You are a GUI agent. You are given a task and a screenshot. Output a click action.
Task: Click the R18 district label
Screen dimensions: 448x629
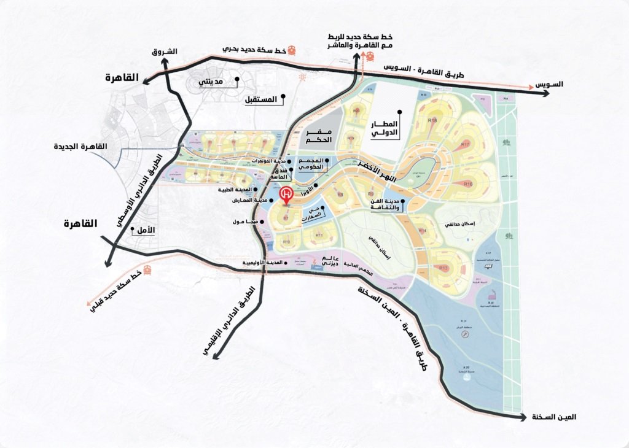[x=432, y=120]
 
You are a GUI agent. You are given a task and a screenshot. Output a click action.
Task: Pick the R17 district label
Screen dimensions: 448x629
[x=466, y=144]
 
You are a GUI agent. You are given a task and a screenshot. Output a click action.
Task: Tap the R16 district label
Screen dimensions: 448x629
[x=468, y=183]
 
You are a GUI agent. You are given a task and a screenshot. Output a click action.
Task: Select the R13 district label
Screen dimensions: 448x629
[x=443, y=268]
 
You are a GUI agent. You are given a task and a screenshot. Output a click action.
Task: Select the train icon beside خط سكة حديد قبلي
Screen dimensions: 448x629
[x=147, y=271]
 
